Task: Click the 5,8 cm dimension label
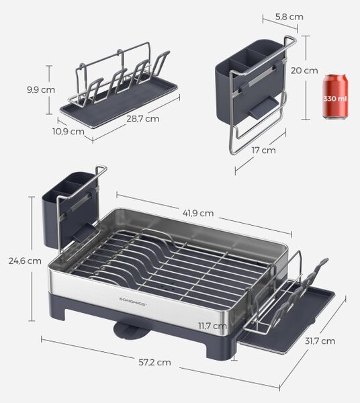click(289, 17)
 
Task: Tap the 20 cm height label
click(304, 71)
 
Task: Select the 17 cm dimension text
click(263, 150)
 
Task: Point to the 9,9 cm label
click(41, 90)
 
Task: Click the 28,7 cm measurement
click(142, 119)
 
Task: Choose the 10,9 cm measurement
click(69, 132)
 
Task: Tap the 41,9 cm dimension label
click(198, 213)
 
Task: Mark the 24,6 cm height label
click(25, 261)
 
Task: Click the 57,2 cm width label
click(154, 363)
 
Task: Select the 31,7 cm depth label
click(320, 341)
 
